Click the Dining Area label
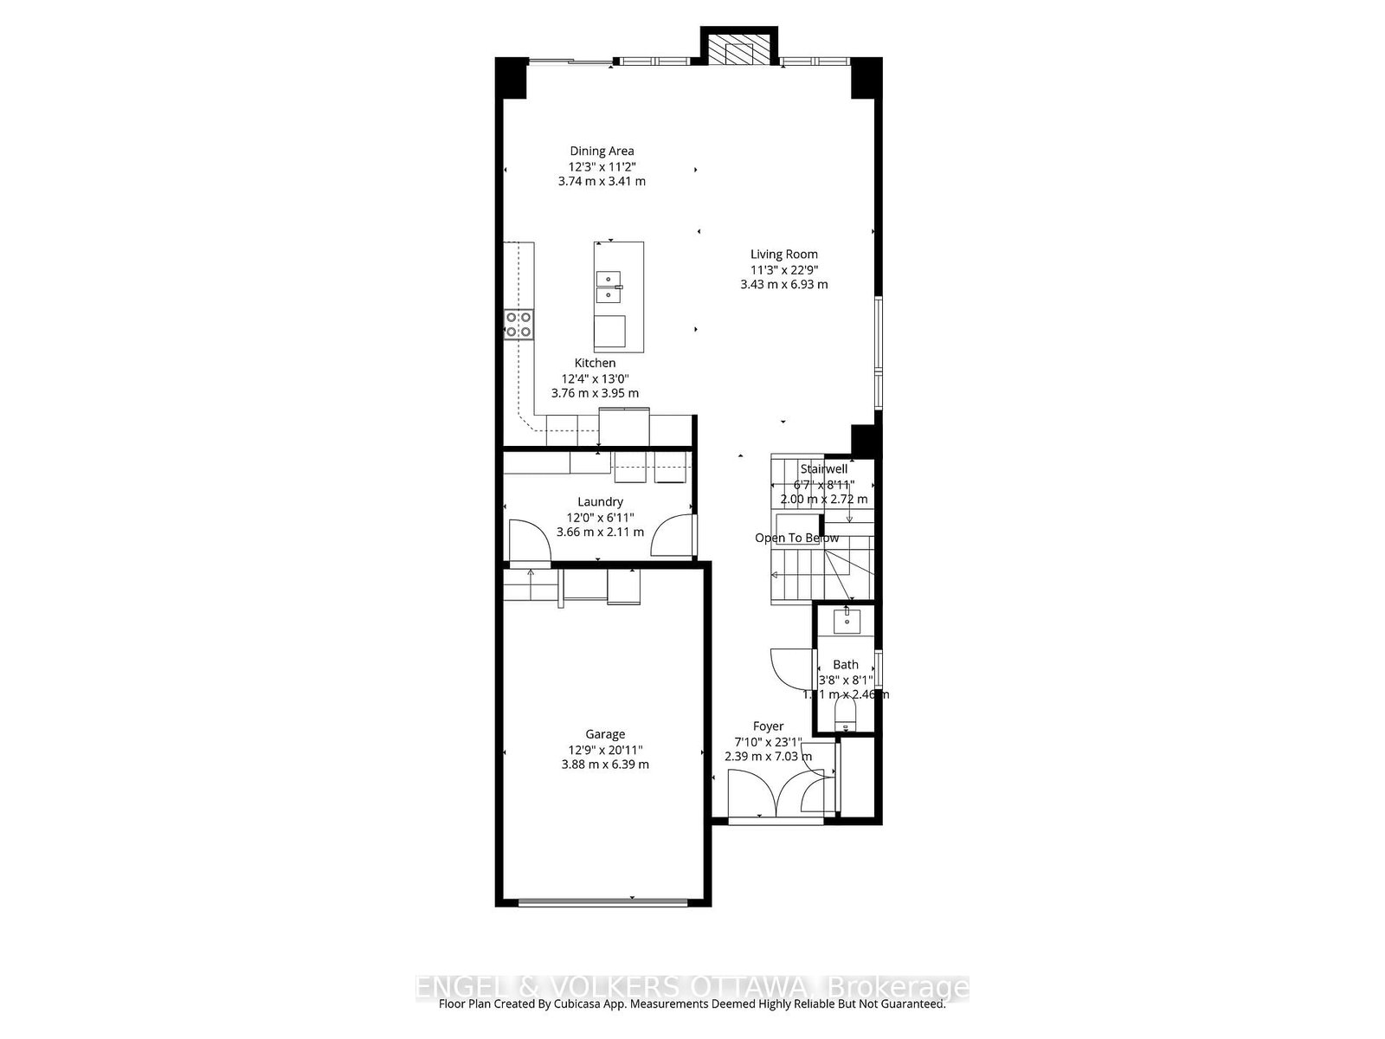pos(602,152)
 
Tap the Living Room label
pos(783,255)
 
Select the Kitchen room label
pos(595,364)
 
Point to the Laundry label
pos(600,502)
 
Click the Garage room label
pos(604,735)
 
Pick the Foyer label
pos(768,727)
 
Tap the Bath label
pos(846,665)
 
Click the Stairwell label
pos(823,469)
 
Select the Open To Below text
pos(796,539)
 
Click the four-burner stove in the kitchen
pos(519,324)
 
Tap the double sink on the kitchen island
pos(609,286)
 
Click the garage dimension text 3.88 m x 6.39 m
pos(604,765)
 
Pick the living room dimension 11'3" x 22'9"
pos(783,269)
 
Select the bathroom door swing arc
pos(789,668)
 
